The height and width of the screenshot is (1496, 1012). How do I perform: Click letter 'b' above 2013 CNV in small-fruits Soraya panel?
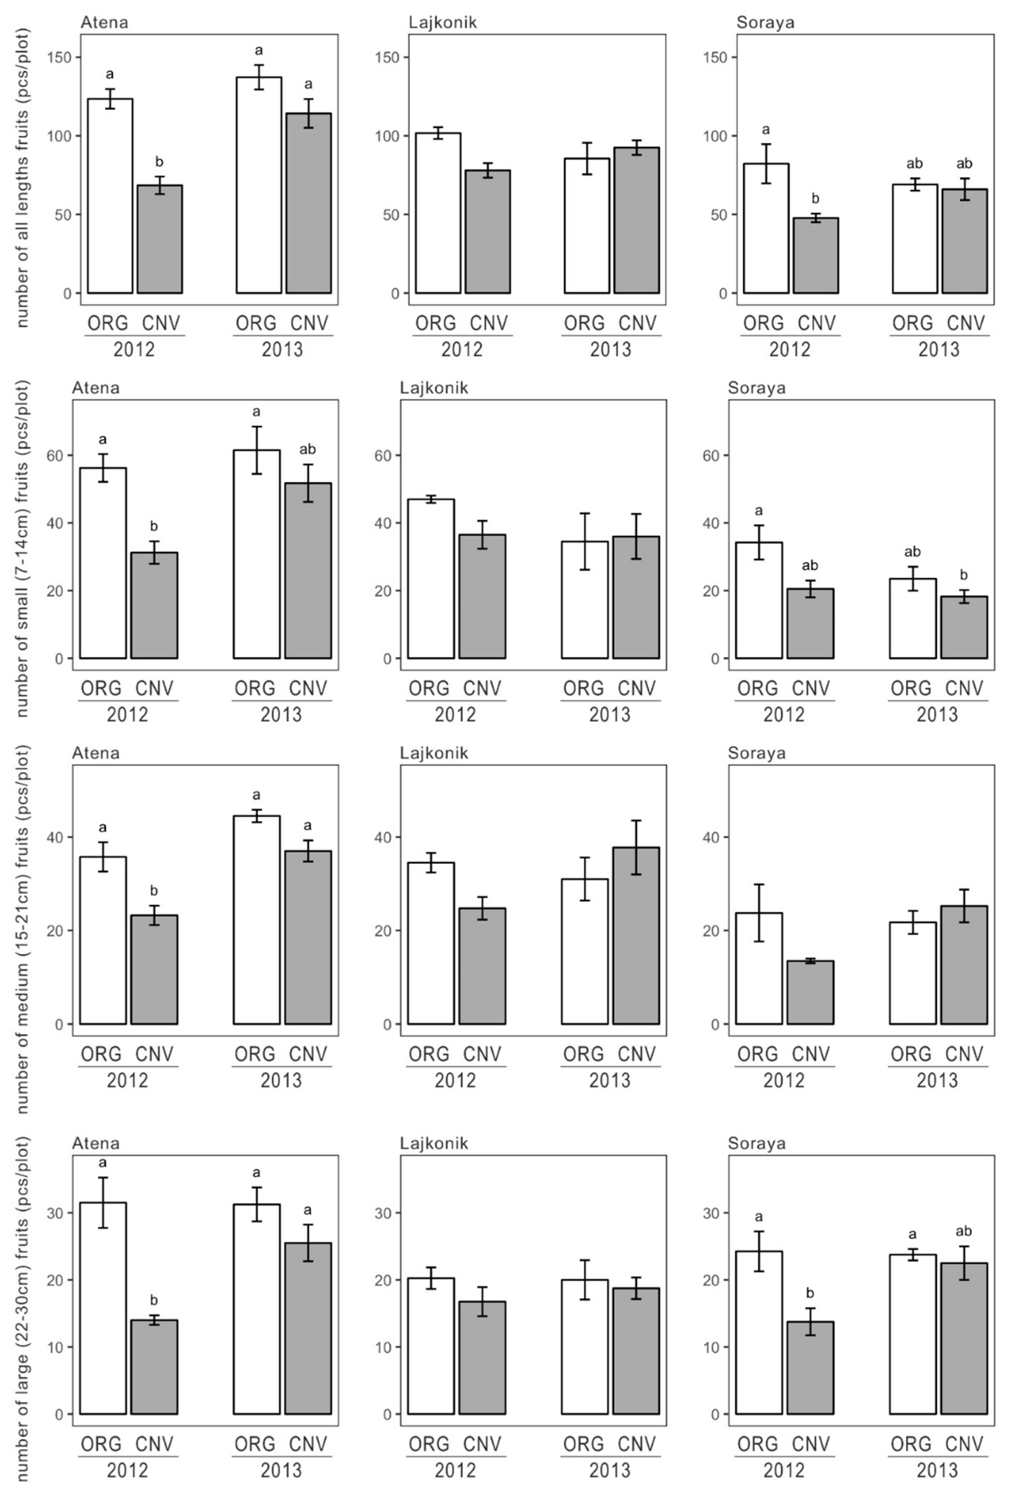pyautogui.click(x=963, y=575)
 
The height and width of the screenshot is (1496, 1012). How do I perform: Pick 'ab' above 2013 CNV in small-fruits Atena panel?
pyautogui.click(x=308, y=449)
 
